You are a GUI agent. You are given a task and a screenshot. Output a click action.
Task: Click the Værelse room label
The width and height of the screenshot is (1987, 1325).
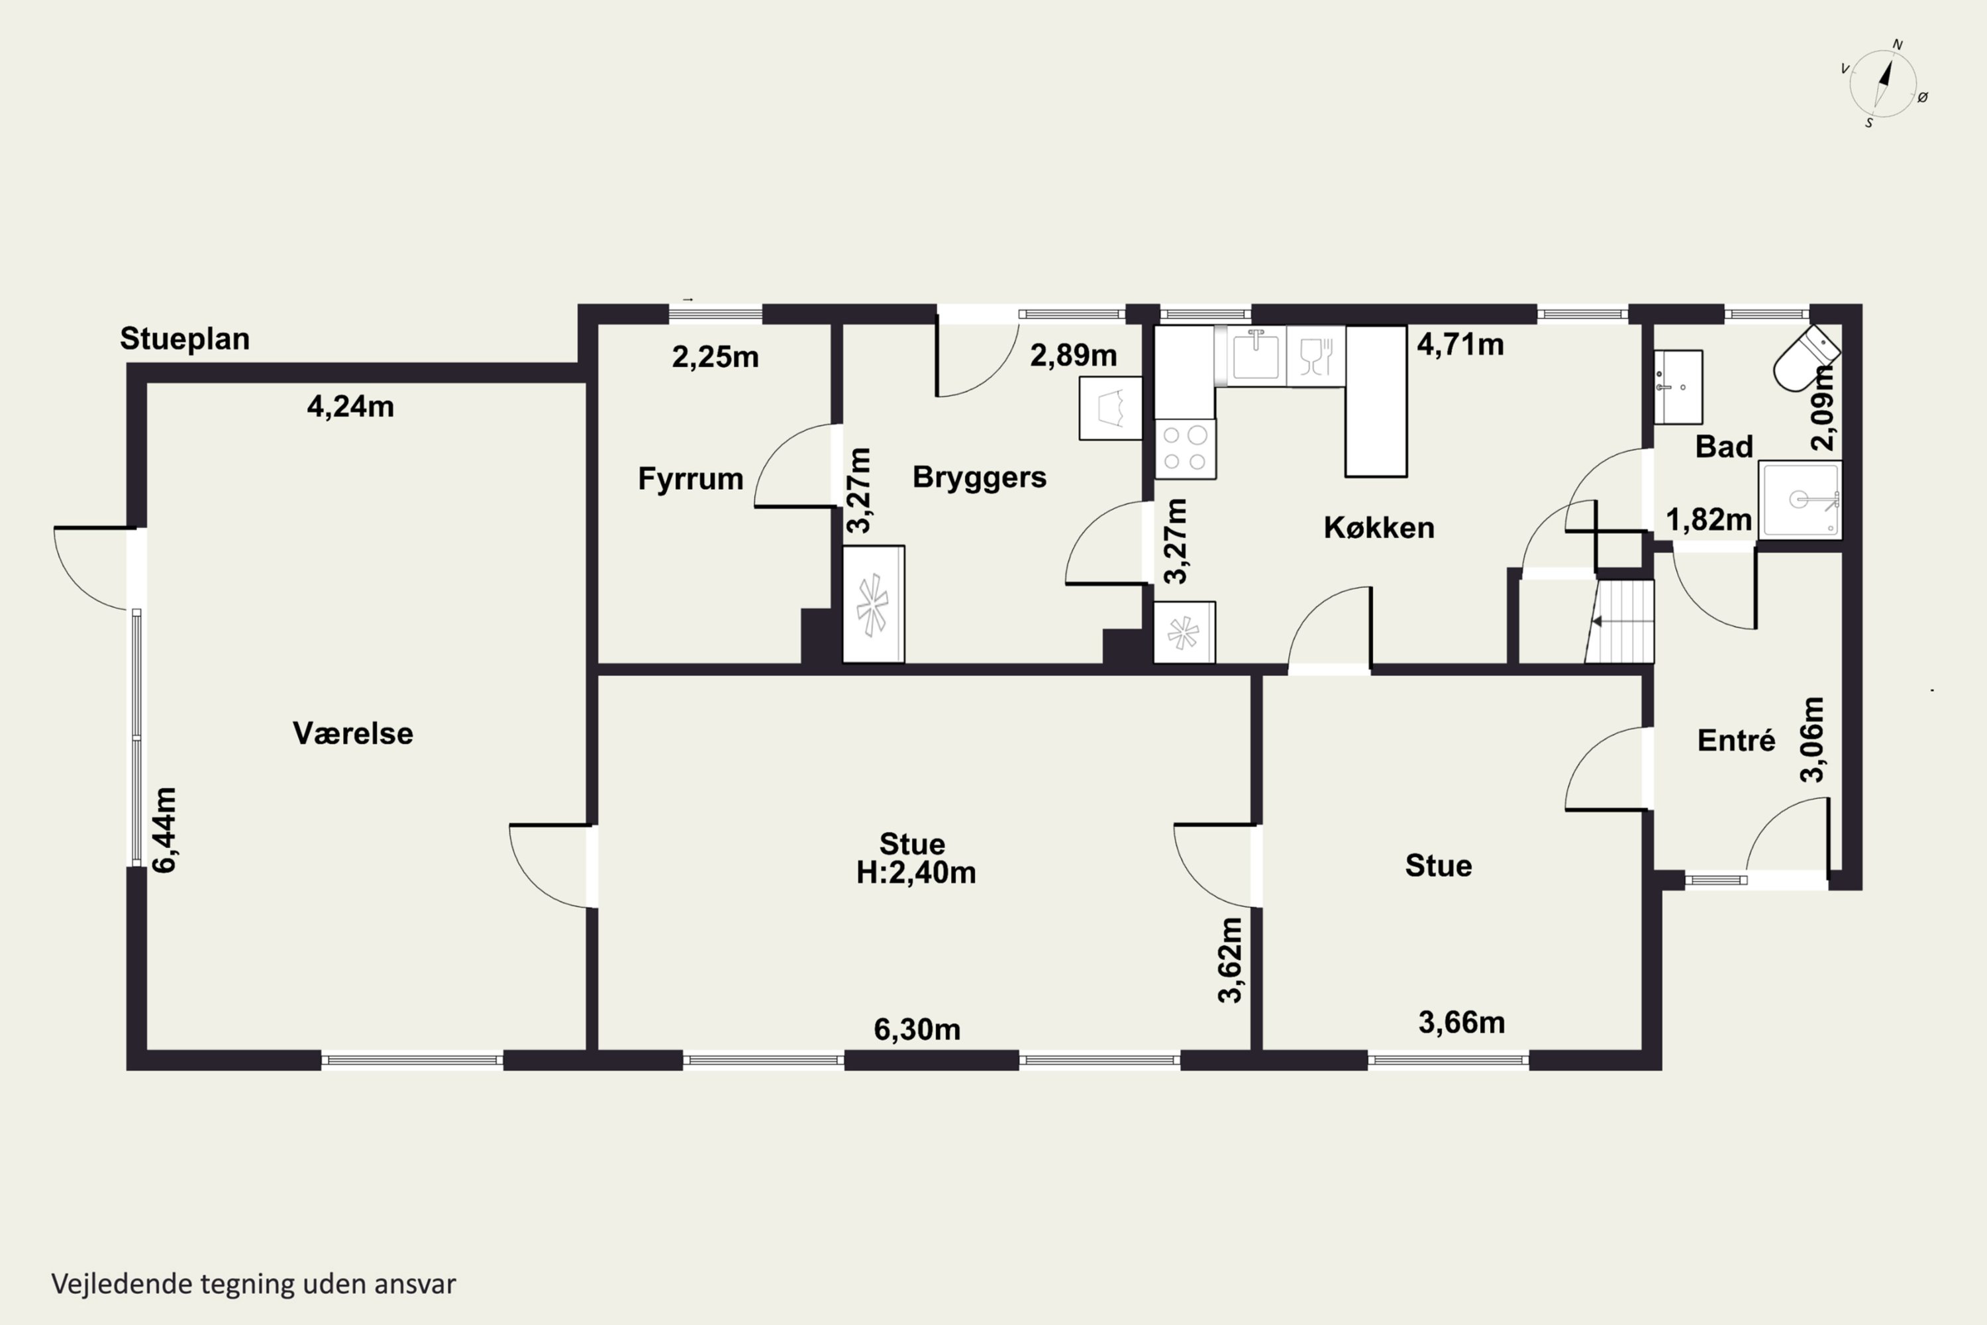click(x=353, y=733)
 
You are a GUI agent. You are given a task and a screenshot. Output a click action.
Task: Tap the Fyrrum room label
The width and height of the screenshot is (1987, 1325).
click(x=690, y=479)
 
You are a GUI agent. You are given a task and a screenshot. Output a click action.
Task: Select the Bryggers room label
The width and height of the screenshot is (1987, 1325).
click(x=979, y=478)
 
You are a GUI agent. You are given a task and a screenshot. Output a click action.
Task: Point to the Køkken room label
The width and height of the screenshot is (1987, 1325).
click(x=1379, y=527)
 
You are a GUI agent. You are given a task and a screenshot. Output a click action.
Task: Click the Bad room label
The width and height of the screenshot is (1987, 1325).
click(x=1723, y=446)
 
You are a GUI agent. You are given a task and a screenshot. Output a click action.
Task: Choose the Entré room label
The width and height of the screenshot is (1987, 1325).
click(x=1736, y=740)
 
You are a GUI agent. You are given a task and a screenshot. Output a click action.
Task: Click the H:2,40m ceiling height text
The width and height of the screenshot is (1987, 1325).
click(x=916, y=872)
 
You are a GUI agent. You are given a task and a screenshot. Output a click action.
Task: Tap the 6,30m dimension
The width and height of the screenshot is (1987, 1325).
click(x=917, y=1030)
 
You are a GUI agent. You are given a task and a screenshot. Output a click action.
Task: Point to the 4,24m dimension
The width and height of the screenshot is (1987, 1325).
click(x=350, y=407)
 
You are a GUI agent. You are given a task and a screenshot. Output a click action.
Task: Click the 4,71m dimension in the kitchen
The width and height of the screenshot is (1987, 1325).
click(x=1460, y=344)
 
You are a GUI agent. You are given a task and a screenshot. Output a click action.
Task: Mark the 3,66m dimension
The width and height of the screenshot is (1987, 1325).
click(x=1462, y=1022)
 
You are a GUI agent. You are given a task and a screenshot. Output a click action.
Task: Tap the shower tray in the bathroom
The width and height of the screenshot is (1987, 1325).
click(x=1800, y=500)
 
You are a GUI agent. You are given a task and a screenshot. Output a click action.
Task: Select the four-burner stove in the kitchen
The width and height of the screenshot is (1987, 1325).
click(x=1186, y=449)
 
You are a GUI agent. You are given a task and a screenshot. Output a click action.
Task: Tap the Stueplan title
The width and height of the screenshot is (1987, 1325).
click(x=185, y=339)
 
